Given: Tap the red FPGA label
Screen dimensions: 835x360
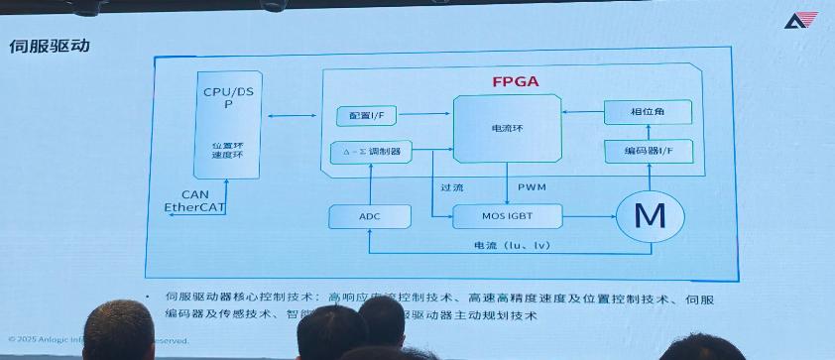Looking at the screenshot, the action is click(x=516, y=81).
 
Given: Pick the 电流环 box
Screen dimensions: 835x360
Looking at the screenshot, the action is click(x=504, y=129).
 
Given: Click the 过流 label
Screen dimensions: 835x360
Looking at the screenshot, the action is click(x=452, y=186).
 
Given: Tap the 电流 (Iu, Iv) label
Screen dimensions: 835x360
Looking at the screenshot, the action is click(x=518, y=244).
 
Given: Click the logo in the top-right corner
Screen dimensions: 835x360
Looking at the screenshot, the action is click(x=799, y=21).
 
